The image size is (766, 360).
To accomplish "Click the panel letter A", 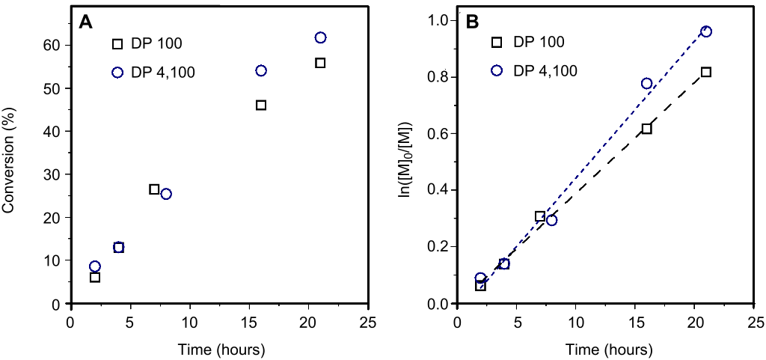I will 86,22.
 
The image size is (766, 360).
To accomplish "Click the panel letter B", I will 473,22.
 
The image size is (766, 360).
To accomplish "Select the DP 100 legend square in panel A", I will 117,44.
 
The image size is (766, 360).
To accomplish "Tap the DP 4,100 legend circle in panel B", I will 496,70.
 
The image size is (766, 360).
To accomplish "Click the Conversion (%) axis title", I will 10,159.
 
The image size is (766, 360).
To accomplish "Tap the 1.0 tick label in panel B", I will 438,20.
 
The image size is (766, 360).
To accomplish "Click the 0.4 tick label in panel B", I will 438,190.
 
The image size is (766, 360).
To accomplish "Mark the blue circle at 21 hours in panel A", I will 321,37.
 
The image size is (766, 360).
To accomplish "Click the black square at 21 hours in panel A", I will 320,63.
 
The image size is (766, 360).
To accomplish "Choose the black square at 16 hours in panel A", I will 261,105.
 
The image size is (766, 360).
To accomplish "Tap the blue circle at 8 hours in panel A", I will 166,194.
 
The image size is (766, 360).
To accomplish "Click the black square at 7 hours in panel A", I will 154,189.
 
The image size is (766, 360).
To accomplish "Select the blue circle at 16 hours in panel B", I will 647,83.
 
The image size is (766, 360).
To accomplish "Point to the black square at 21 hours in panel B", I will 706,72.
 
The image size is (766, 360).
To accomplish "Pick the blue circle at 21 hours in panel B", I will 706,31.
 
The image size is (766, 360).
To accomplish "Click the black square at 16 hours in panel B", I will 647,129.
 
